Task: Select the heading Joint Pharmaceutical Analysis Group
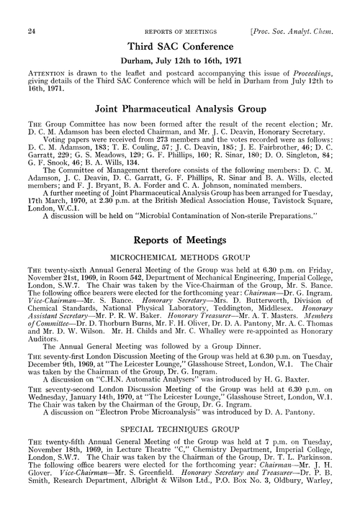tap(180, 109)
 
